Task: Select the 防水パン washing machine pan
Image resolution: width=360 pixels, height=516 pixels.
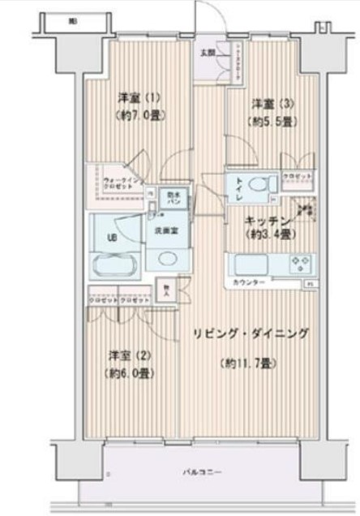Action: click(174, 197)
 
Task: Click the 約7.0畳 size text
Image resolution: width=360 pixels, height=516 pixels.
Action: click(135, 115)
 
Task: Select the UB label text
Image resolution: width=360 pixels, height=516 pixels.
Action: click(111, 238)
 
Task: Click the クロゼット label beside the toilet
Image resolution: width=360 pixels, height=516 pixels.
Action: click(294, 176)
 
